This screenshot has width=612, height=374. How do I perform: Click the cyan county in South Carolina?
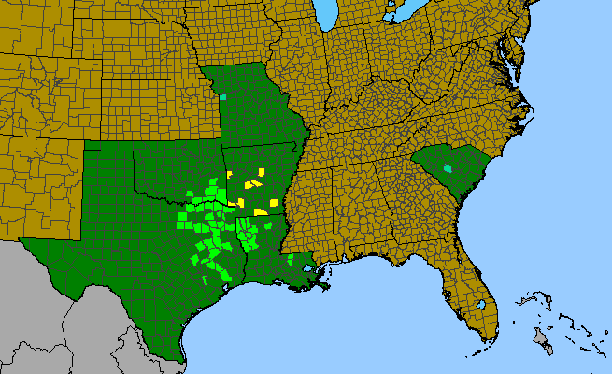tap(448, 169)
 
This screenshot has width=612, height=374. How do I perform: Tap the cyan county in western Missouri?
tap(223, 96)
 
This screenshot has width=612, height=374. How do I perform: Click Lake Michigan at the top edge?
tap(325, 14)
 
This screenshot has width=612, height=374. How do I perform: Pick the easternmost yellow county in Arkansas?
tap(274, 202)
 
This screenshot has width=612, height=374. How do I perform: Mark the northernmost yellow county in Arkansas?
tap(260, 173)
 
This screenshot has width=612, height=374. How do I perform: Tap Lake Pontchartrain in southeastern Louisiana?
tap(309, 267)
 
